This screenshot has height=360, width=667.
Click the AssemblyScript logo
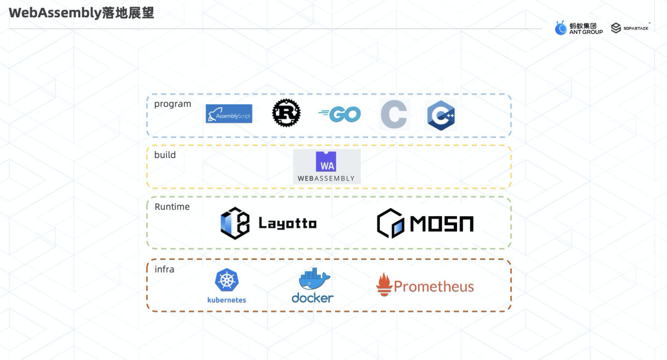click(229, 114)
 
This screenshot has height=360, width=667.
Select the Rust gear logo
click(287, 114)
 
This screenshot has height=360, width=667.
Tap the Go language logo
click(340, 114)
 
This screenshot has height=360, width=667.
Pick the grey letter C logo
click(394, 114)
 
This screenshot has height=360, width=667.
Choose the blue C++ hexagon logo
click(441, 115)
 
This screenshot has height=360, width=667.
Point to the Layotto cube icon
click(235, 223)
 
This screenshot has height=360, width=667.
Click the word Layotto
click(287, 223)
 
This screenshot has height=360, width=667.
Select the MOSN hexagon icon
click(392, 224)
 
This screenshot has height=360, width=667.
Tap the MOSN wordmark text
click(443, 224)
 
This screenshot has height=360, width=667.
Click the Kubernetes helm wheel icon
click(227, 280)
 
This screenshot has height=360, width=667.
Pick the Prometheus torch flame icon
click(384, 285)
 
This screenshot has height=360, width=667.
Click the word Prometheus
click(434, 287)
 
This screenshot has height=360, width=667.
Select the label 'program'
click(173, 104)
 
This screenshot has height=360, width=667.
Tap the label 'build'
click(165, 154)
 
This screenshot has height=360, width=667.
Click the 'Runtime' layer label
click(172, 206)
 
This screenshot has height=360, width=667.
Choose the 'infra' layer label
click(164, 269)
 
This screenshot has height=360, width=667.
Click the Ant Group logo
click(579, 28)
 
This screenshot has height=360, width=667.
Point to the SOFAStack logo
click(630, 28)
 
